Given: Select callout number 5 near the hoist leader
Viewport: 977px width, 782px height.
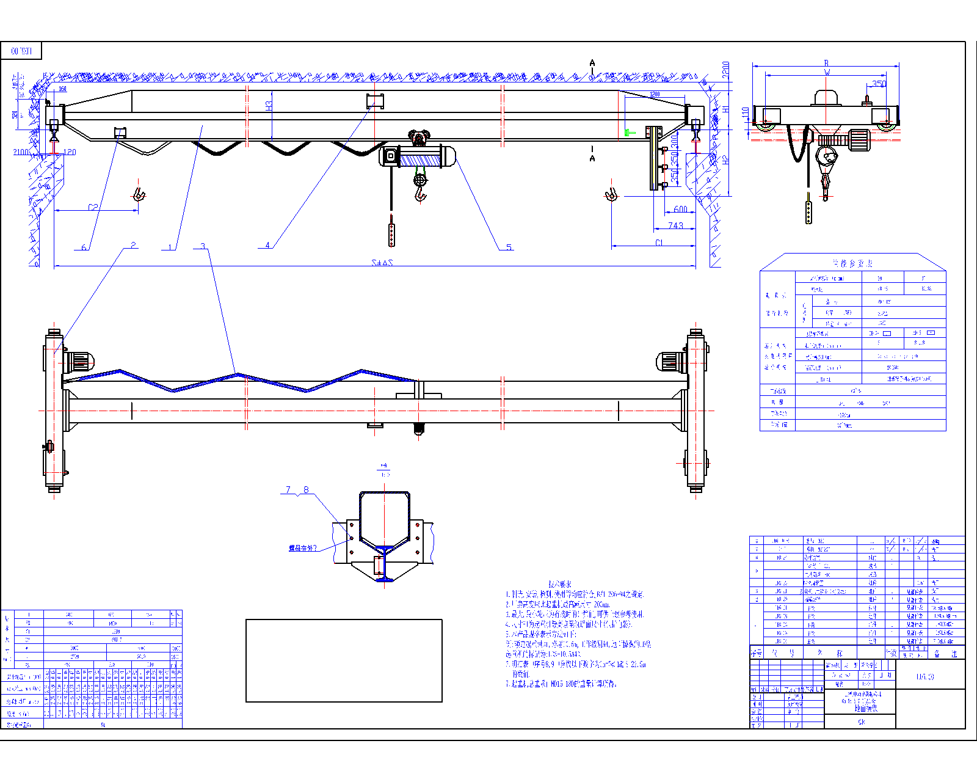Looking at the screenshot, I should pos(509,247).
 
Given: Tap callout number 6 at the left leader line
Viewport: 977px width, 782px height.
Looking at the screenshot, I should pos(84,247).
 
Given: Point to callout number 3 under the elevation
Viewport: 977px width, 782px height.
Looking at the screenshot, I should pos(203,246).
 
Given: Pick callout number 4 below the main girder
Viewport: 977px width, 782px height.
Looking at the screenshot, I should pos(267,245).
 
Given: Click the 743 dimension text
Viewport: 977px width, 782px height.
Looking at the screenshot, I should pos(675,225).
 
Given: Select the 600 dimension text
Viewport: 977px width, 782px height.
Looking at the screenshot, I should pos(680,209).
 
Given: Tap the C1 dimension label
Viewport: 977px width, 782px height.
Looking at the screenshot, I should pos(659,243).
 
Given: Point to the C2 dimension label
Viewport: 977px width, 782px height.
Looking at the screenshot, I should pos(93,207).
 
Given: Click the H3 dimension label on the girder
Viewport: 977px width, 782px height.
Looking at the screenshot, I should pos(269,106).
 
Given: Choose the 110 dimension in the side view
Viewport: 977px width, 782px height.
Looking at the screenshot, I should pos(745,114).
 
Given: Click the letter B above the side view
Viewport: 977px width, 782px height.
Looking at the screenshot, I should pos(827,63).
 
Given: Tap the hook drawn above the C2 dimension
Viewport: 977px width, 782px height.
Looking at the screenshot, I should pos(139,194).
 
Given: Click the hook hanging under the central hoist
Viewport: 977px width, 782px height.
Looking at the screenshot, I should pos(420,194).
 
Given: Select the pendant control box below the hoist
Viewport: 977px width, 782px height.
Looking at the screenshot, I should pos(391,235).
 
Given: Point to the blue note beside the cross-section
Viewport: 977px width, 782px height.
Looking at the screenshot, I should pos(303,548).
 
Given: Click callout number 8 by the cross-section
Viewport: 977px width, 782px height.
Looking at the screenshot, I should pos(306,489).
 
